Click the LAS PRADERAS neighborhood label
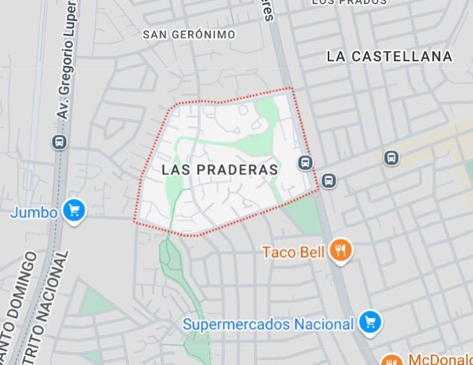coord(220,170)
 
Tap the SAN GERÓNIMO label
coord(189,35)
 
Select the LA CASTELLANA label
coord(389,57)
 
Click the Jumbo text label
coord(33,212)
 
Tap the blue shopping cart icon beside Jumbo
coord(74,210)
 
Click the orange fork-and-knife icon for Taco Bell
coord(341,251)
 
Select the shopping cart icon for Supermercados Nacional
coord(369,323)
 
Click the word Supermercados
coord(236,324)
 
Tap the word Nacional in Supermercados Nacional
coord(324,324)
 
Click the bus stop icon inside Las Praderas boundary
coord(305,162)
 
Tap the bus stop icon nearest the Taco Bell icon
coord(329,180)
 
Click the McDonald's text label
coord(440,360)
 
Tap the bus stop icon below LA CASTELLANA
coord(391,158)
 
